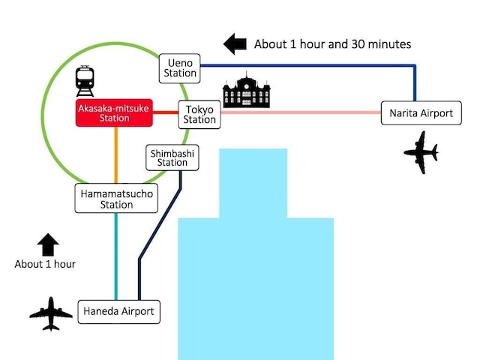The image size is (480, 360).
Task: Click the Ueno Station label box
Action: pos(180,67)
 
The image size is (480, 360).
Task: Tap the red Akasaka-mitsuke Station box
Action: pos(115,114)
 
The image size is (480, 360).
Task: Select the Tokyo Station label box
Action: pos(199,114)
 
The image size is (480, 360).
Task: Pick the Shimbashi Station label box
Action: pos(172,157)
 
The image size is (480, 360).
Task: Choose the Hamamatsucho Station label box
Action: pos(116,199)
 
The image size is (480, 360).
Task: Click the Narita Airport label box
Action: pos(421,113)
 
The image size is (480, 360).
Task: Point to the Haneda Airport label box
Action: pos(119,311)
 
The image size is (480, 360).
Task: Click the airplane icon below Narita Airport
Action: pos(421,152)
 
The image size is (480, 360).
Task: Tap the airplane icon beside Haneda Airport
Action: pos(51,313)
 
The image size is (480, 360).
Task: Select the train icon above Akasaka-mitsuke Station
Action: pos(85,81)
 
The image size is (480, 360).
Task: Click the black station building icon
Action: pos(246,91)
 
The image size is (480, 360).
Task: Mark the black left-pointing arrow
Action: pos(235,43)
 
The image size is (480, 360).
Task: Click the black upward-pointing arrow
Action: pos(47,244)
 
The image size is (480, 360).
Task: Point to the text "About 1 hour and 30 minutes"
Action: pos(332,44)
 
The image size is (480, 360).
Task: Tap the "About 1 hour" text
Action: pos(45,264)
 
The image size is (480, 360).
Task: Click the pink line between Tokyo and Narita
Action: pos(300,113)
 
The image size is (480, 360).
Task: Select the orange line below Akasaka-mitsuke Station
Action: pos(116,154)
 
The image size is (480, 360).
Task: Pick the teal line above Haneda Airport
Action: pos(116,255)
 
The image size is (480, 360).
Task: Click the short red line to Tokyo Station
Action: pos(166,113)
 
